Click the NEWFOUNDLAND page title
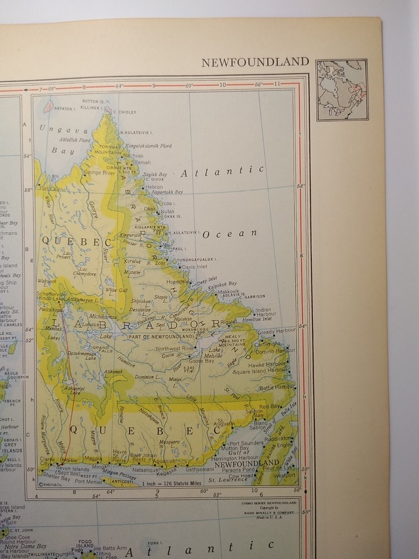coord(255,62)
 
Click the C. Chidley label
coord(125,112)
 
